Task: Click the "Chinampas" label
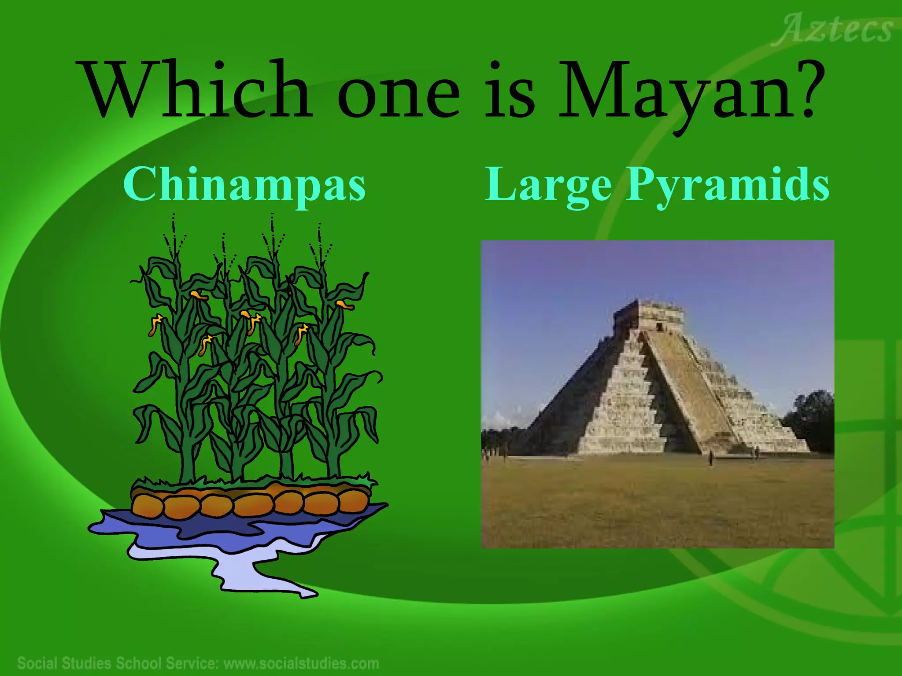click(x=244, y=184)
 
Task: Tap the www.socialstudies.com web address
click(x=301, y=663)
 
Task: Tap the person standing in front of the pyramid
click(x=710, y=459)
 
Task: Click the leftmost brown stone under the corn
click(x=148, y=505)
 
